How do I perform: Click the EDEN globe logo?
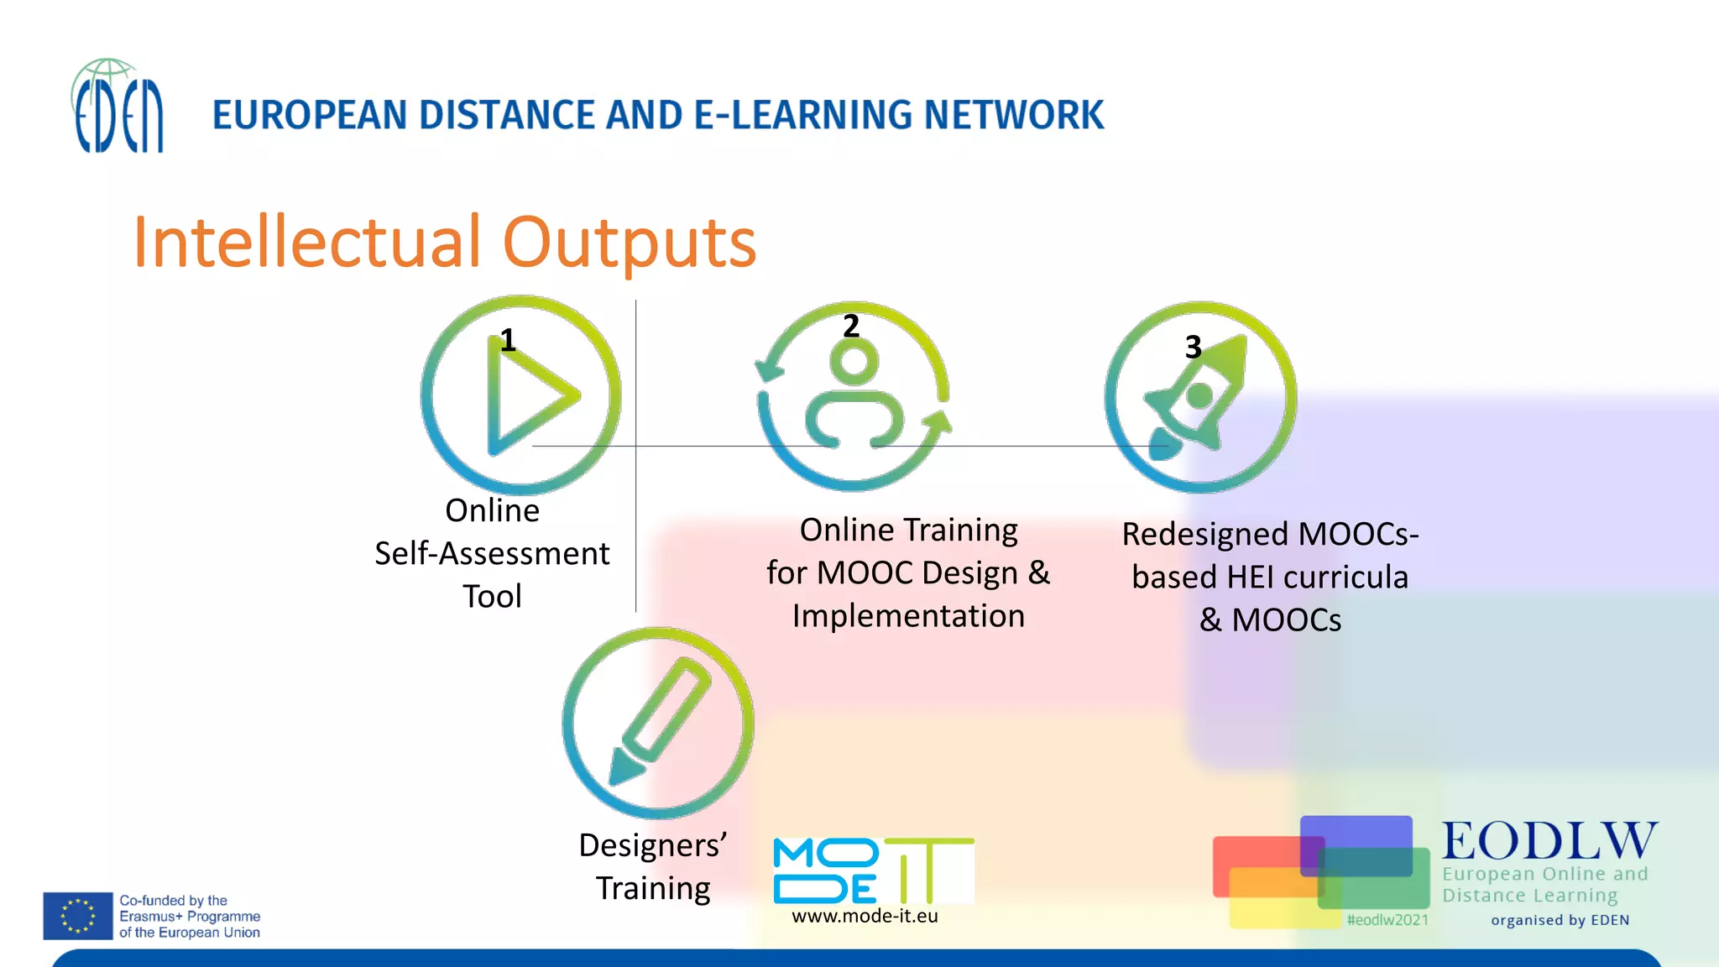pos(117,107)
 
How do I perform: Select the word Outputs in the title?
pos(629,243)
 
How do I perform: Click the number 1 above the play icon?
pos(507,340)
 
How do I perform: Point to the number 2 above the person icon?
pos(851,326)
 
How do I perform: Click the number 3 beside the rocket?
pos(1193,347)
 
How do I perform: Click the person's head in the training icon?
pos(854,362)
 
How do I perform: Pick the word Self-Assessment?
pos(492,553)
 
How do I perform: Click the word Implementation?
pos(908,616)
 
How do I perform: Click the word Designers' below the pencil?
pos(652,845)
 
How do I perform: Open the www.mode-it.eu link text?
pos(865,916)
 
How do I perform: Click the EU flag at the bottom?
pos(78,916)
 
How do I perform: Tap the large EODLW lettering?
pos(1549,841)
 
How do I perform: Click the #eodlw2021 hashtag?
pos(1387,919)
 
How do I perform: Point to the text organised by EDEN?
pos(1560,920)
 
